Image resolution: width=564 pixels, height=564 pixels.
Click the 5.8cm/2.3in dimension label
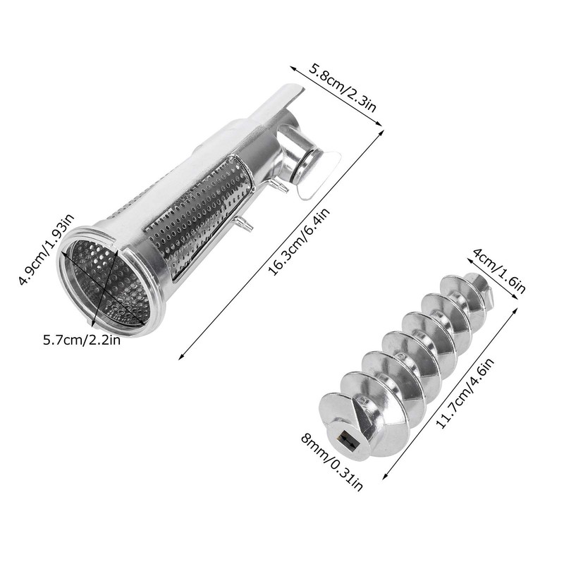(345, 90)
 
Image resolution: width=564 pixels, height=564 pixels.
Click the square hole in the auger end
(346, 441)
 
